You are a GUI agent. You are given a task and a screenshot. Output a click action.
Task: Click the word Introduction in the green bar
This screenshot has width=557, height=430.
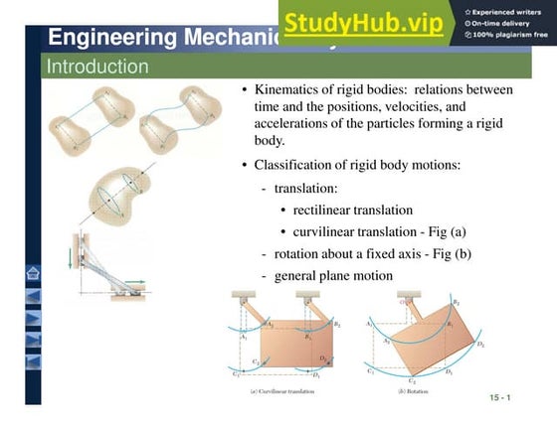tap(97, 68)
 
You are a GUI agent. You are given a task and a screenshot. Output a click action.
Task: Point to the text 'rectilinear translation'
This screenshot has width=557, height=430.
tap(352, 210)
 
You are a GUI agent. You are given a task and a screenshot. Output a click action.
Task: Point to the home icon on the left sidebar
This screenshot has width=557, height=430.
tap(33, 274)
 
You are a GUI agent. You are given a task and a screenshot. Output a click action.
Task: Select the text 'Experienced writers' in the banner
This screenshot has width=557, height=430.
tap(512, 11)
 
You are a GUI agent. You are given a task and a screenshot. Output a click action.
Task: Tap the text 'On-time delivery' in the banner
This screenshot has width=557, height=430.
tap(507, 23)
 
